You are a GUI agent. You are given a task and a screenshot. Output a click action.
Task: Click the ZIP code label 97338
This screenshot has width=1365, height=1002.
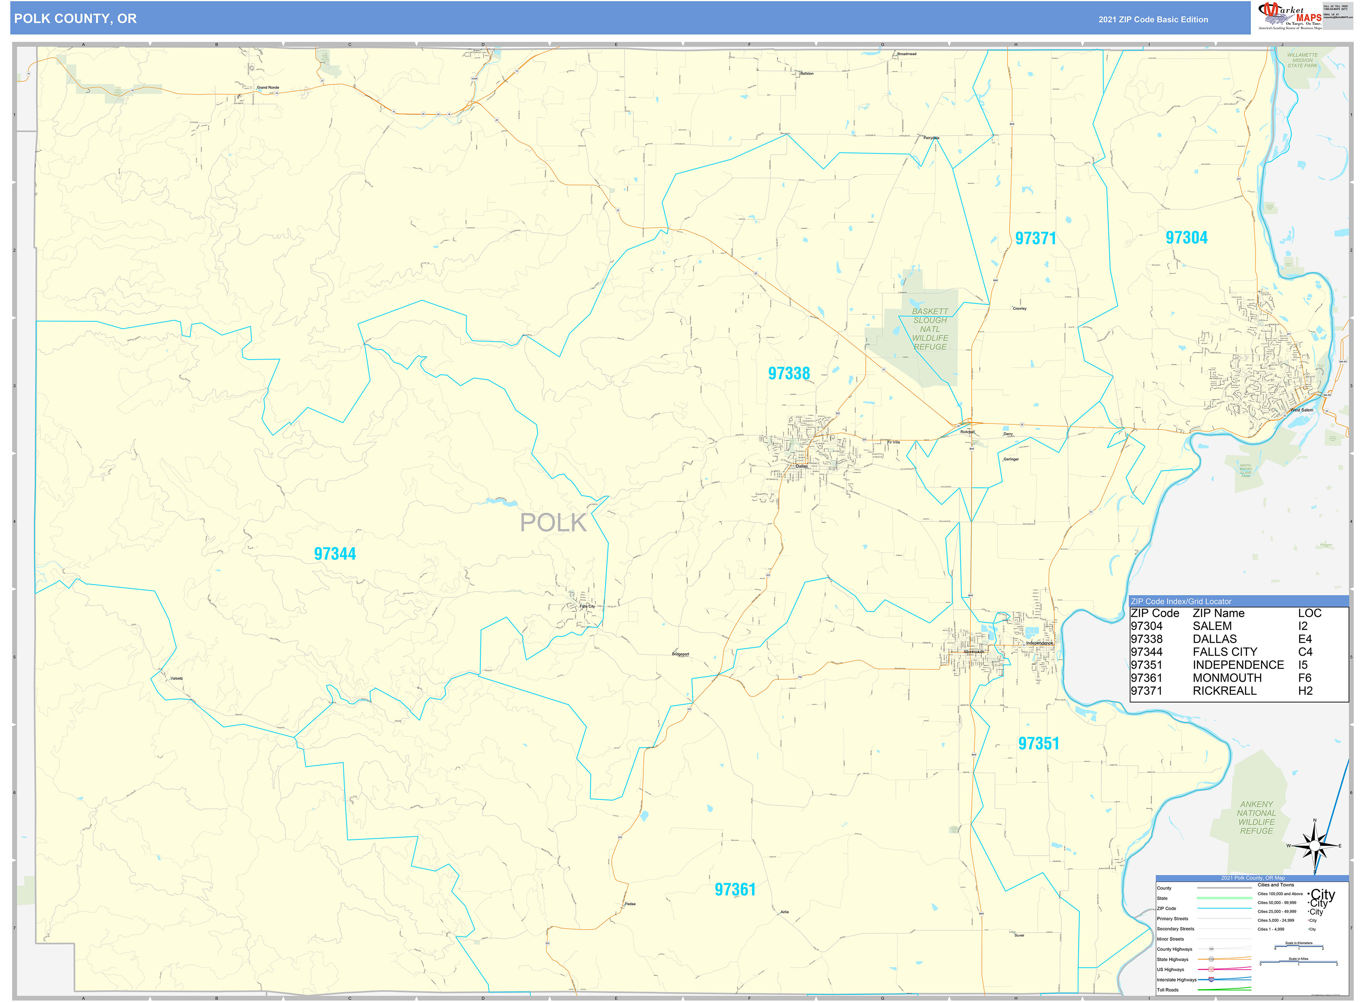click(x=789, y=373)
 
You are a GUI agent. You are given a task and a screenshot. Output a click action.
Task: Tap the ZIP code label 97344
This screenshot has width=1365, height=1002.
click(x=335, y=554)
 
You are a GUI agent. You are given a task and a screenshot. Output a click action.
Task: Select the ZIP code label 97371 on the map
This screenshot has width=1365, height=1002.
click(x=1035, y=239)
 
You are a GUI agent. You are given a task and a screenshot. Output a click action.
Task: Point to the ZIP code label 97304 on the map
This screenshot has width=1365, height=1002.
click(x=1186, y=238)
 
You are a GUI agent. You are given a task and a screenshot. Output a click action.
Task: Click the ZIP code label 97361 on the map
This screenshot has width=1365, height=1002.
click(x=735, y=890)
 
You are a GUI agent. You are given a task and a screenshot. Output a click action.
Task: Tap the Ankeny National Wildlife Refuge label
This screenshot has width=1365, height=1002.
click(x=1256, y=818)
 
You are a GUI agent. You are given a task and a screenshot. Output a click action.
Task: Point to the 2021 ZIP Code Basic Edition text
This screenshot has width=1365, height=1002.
click(x=1153, y=19)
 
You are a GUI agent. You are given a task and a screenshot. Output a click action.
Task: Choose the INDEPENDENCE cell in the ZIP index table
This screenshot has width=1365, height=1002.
click(x=1238, y=665)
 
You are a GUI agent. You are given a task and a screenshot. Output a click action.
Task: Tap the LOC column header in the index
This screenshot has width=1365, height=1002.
click(x=1309, y=613)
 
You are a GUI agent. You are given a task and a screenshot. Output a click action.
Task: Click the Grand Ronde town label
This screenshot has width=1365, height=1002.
click(x=268, y=87)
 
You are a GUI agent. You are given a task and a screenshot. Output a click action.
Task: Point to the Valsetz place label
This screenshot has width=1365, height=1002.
click(x=177, y=679)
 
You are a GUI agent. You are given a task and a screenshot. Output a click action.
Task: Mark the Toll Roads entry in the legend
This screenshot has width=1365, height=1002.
click(x=1168, y=990)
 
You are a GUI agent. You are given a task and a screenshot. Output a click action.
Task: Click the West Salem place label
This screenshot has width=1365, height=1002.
click(x=1301, y=410)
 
